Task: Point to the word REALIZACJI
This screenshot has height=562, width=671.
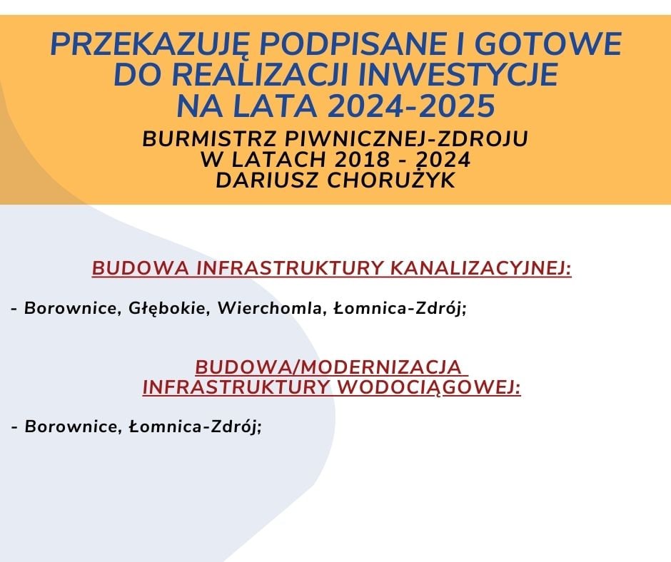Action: click(260, 75)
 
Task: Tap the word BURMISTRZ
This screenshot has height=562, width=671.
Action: click(210, 139)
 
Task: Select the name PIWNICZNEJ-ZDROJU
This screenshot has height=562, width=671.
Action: click(405, 139)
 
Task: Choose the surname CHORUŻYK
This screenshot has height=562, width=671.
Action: click(390, 179)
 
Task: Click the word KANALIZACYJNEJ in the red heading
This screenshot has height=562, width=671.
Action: click(481, 268)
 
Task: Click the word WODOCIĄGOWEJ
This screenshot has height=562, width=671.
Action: click(430, 388)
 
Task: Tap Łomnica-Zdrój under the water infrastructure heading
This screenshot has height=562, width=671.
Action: click(195, 426)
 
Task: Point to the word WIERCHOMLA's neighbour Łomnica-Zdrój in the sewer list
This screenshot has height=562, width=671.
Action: click(399, 308)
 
